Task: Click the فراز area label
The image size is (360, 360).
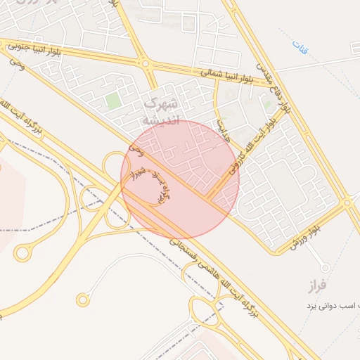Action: click(x=317, y=286)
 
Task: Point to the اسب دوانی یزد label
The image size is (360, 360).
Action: click(x=331, y=306)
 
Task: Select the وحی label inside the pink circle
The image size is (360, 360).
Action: click(x=138, y=149)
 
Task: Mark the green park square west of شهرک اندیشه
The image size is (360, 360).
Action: click(x=112, y=101)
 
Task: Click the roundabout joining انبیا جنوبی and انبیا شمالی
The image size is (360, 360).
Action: click(x=146, y=64)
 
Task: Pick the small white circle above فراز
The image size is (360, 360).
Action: click(x=325, y=268)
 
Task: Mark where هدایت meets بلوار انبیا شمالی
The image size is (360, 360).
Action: click(x=217, y=79)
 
